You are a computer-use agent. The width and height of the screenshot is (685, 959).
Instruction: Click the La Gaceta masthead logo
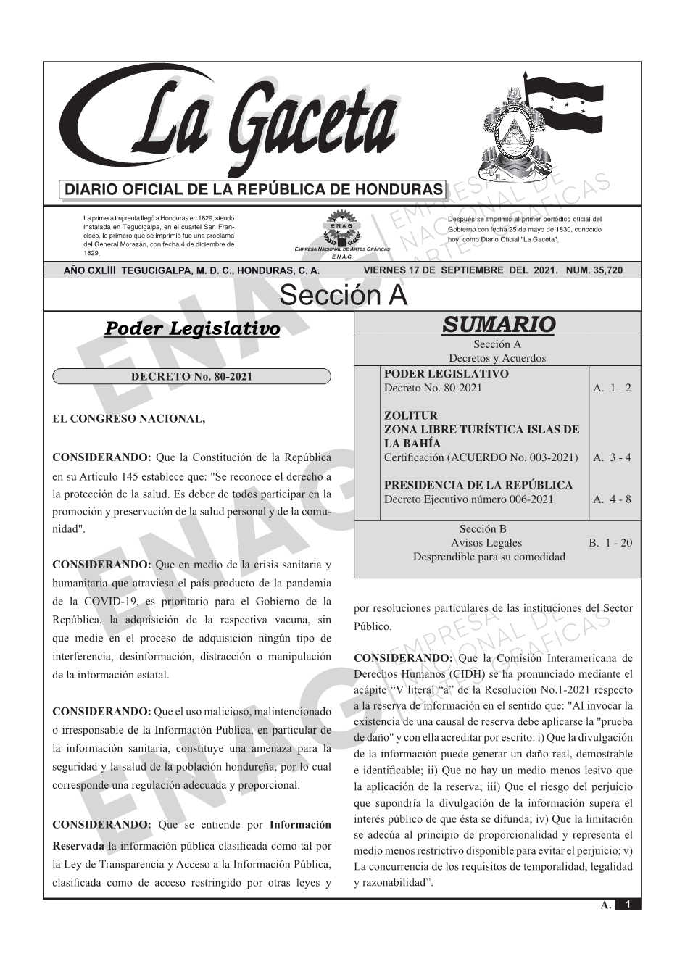point(232,123)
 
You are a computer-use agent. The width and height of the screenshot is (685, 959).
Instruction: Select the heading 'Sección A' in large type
point(343,296)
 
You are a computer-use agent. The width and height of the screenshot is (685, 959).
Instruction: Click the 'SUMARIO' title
point(498,324)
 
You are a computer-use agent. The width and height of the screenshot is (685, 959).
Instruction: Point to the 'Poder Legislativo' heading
point(192,328)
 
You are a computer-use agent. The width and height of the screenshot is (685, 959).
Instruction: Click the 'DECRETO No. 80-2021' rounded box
point(191,377)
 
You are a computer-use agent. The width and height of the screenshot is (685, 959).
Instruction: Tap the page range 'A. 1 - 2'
point(612,388)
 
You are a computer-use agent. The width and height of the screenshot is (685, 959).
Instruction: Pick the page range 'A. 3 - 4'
point(612,457)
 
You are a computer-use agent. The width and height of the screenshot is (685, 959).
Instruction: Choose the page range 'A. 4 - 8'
point(612,499)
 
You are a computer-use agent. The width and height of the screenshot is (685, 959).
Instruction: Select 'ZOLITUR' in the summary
point(410,415)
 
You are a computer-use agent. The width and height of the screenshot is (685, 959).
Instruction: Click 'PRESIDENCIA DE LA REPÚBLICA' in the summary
point(478,485)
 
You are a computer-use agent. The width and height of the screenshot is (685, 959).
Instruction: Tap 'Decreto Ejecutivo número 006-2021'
point(468,499)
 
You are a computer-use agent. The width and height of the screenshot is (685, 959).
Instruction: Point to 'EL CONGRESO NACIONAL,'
point(129,419)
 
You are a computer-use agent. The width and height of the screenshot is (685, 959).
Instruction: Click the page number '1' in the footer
point(628,904)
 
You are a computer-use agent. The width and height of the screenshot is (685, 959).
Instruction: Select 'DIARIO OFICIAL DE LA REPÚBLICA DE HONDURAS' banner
point(254,190)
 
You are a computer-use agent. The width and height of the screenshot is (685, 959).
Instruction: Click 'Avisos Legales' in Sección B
point(486,543)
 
